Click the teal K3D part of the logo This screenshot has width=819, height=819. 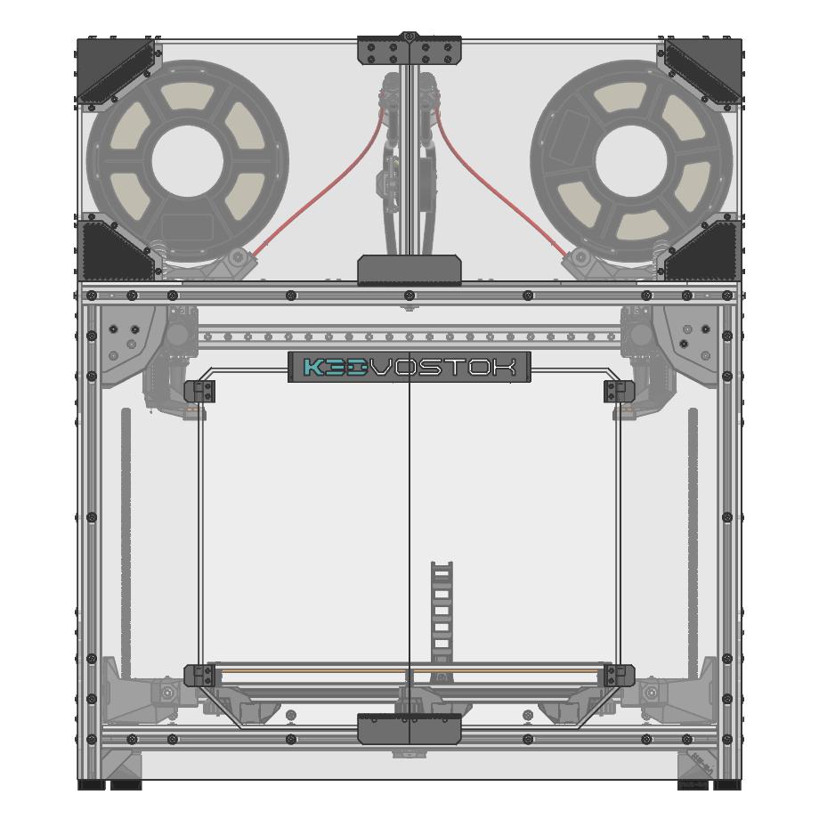335,367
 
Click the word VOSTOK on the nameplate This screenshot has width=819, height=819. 442,367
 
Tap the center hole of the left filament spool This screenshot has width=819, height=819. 188,161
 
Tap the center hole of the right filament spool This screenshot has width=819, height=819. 631,161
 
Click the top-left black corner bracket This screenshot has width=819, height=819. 116,70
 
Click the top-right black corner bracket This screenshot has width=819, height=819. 703,70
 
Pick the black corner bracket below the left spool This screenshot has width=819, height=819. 116,251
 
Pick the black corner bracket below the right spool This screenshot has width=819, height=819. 703,251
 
